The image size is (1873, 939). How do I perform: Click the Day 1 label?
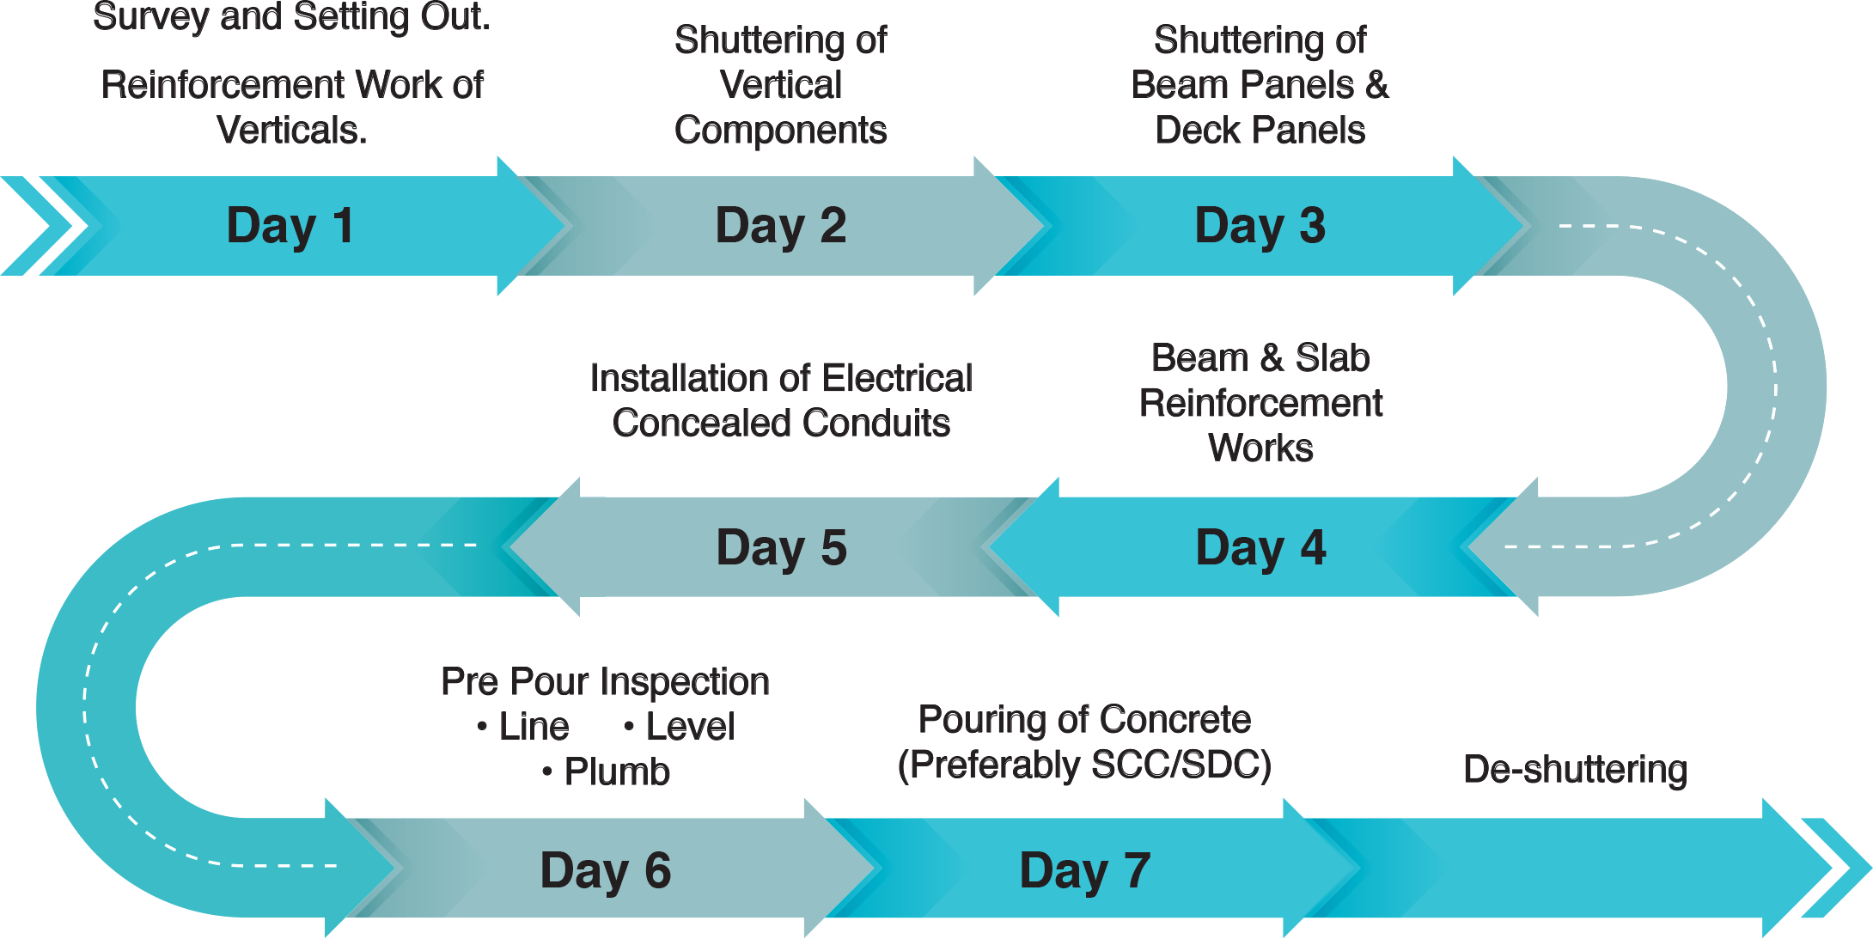(x=290, y=226)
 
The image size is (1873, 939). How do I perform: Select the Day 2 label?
(x=781, y=226)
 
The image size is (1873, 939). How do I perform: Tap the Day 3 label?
(x=1260, y=226)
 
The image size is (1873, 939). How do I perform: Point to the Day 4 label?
(x=1260, y=548)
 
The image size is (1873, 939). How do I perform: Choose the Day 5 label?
(x=781, y=548)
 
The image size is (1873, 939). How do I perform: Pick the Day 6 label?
(x=606, y=870)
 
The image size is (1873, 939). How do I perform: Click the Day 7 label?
(x=1084, y=870)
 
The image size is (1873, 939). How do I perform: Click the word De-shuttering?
(x=1575, y=769)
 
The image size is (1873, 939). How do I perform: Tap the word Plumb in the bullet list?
(x=616, y=771)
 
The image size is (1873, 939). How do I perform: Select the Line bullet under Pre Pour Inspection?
(x=534, y=727)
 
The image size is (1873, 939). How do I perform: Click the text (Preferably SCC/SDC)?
(x=1084, y=765)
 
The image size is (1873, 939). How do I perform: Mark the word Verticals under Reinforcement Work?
(x=292, y=131)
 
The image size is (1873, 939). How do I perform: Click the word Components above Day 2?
(x=780, y=131)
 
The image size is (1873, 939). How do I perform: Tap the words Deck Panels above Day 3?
(x=1260, y=131)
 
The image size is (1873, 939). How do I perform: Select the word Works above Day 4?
(x=1260, y=448)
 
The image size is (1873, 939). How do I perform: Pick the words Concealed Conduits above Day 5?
(x=781, y=423)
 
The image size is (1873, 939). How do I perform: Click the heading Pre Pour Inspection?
(x=605, y=681)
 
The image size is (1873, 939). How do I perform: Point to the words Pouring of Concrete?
(x=1084, y=719)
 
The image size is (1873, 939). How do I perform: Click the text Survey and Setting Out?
(x=292, y=17)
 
